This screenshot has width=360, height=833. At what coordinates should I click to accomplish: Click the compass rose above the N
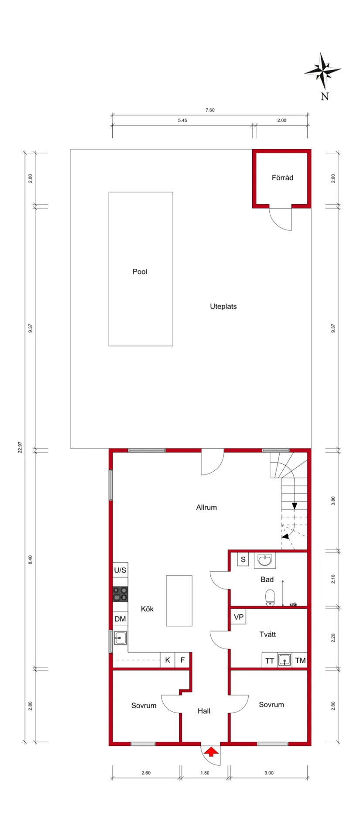[x=322, y=70]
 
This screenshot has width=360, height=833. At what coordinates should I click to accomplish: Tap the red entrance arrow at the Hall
[x=211, y=751]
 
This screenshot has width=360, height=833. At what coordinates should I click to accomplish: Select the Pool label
[x=140, y=271]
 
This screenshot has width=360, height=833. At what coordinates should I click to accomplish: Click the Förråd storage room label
[x=282, y=178]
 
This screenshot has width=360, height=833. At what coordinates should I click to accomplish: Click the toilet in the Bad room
[x=270, y=597]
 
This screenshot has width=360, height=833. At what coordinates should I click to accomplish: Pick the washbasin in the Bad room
[x=264, y=560]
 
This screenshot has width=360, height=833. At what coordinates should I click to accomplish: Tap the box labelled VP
[x=238, y=617]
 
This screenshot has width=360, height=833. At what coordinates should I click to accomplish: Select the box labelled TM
[x=300, y=660]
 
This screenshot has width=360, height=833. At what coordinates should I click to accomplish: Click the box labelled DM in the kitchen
[x=120, y=619]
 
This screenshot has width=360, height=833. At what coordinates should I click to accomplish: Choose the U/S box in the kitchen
[x=120, y=570]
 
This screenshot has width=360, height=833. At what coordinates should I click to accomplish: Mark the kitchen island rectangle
[x=179, y=600]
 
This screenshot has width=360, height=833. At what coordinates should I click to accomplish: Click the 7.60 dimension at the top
[x=210, y=110]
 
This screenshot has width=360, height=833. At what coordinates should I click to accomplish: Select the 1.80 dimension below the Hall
[x=205, y=773]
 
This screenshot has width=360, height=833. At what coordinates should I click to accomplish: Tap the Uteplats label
[x=223, y=306]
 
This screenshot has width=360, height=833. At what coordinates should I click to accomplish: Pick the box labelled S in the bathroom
[x=243, y=559]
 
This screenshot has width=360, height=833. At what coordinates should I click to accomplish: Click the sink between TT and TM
[x=285, y=660]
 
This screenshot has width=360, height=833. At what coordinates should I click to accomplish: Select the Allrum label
[x=206, y=507]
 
